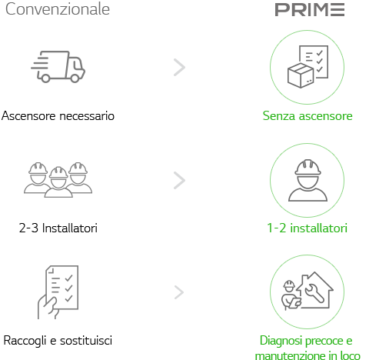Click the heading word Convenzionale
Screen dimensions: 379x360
pos(58,9)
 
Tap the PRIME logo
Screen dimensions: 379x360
pos(310,10)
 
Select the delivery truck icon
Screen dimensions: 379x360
pos(58,67)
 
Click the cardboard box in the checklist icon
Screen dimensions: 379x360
pos(301,75)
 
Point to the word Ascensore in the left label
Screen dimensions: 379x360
pos(28,115)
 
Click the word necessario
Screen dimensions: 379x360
pos(87,116)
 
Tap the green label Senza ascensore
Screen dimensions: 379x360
pos(308,116)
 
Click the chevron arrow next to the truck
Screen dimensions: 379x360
pos(180,68)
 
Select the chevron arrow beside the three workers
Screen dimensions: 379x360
pos(180,181)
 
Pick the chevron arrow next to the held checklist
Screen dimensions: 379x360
pos(179,292)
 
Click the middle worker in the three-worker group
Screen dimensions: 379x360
pos(58,182)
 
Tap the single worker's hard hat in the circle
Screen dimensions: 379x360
pos(308,168)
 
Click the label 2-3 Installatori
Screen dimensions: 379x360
pos(58,228)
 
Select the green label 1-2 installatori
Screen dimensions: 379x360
pos(307,228)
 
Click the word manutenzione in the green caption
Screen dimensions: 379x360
pos(290,355)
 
